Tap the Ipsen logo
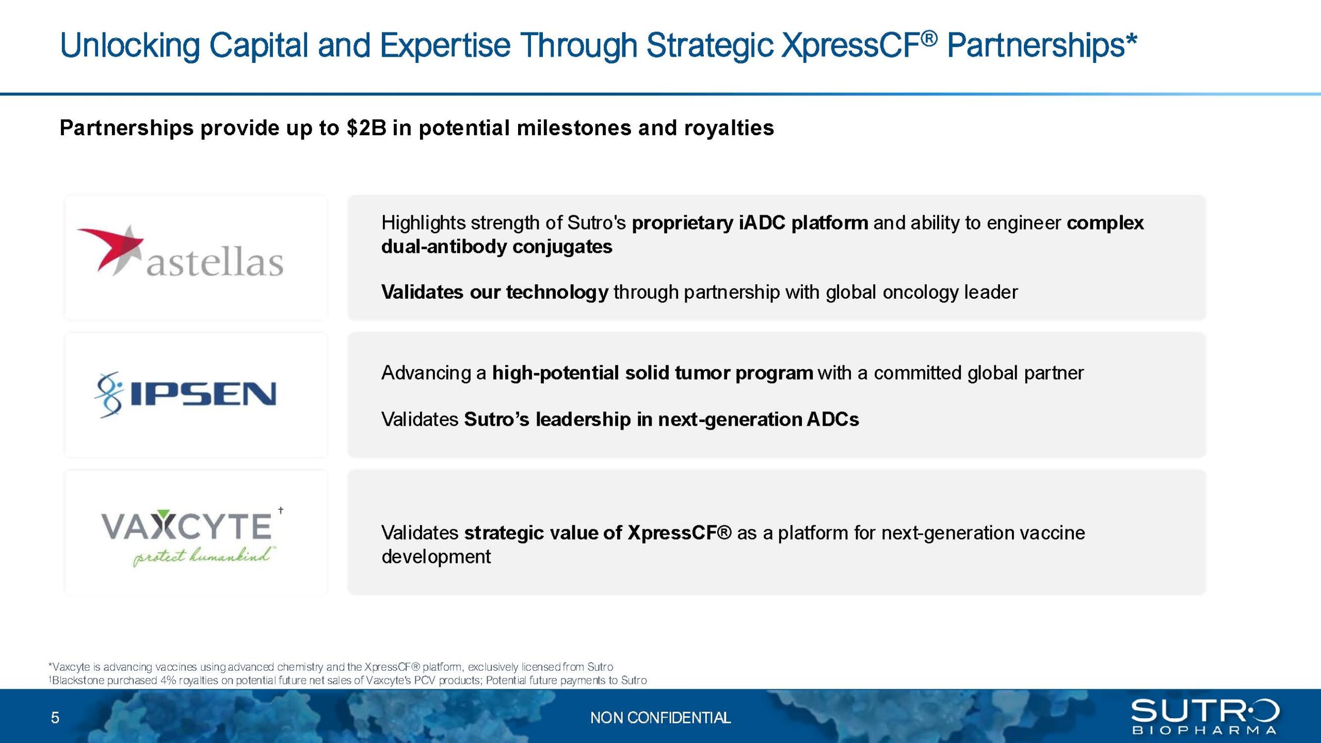point(186,395)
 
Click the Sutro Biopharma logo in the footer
point(1205,717)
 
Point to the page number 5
point(55,718)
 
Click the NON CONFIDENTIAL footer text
point(660,718)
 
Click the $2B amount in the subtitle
point(366,128)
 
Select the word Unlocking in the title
point(130,45)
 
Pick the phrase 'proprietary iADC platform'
point(750,223)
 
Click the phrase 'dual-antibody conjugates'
point(497,247)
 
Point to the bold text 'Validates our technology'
point(495,293)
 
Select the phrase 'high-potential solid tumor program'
point(653,373)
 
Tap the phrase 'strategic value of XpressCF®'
point(598,533)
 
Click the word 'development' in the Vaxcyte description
point(436,557)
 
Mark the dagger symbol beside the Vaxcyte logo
point(281,510)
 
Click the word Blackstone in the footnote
point(78,681)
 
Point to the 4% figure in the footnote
point(169,681)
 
